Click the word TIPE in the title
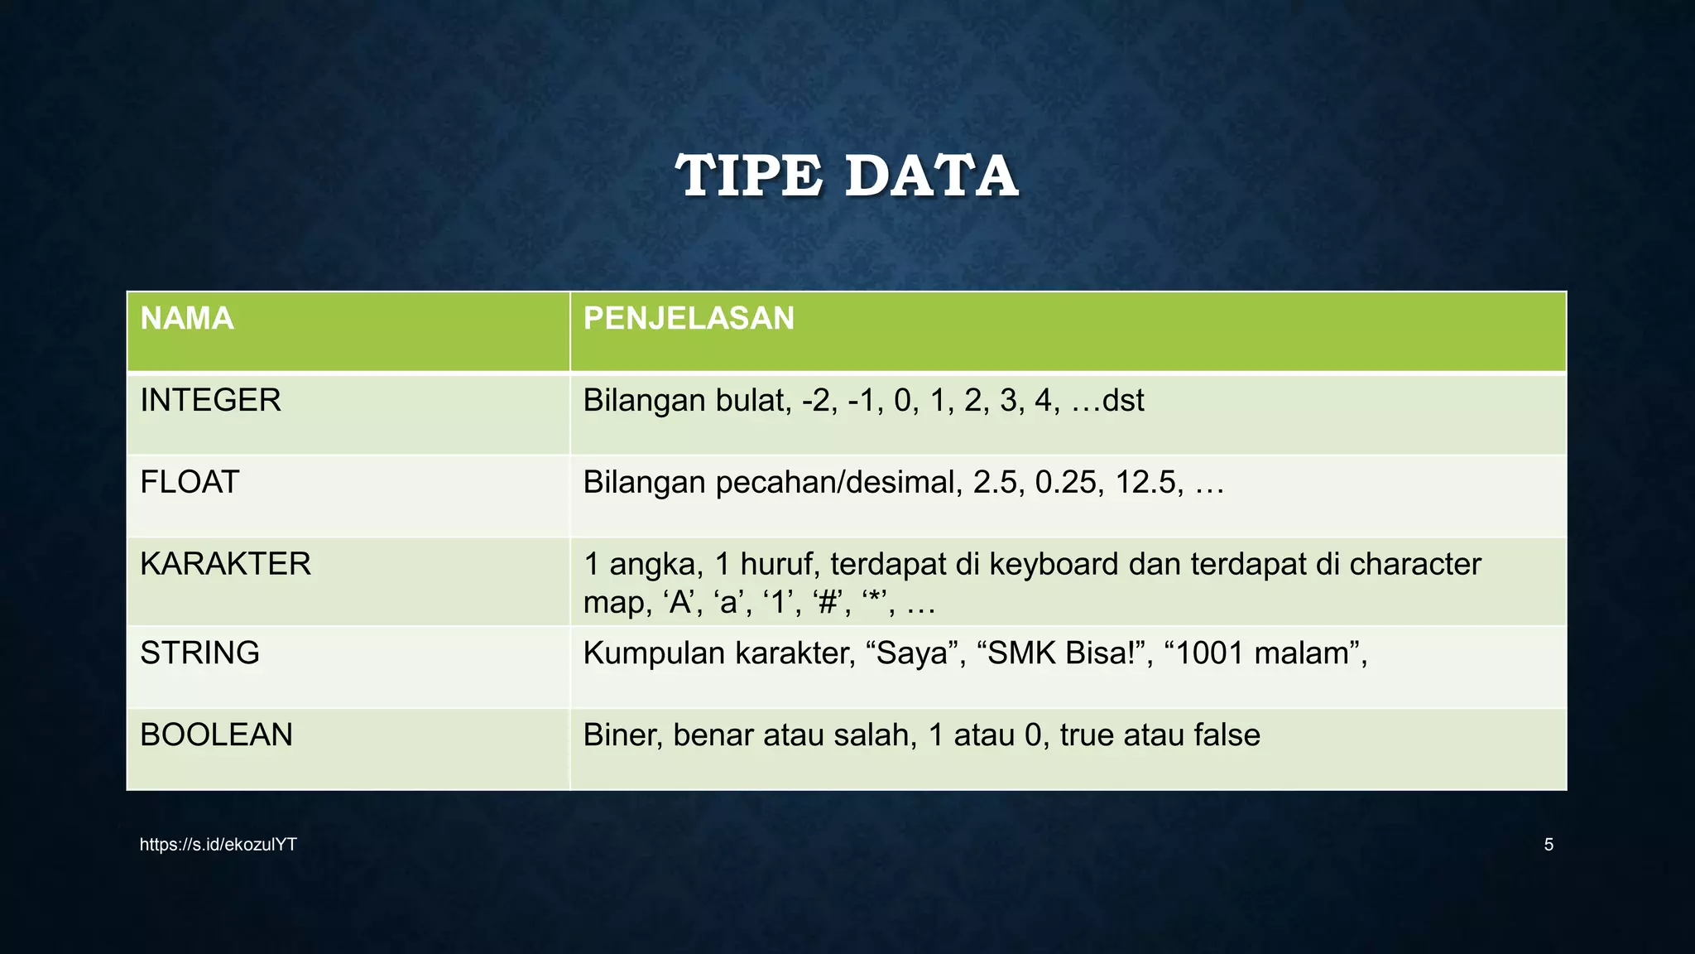pyautogui.click(x=749, y=176)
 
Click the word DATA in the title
pyautogui.click(x=932, y=176)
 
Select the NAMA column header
pyautogui.click(x=187, y=319)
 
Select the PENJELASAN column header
pyautogui.click(x=689, y=319)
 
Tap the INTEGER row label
pyautogui.click(x=210, y=401)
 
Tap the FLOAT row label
pyautogui.click(x=190, y=482)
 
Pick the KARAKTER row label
pyautogui.click(x=225, y=564)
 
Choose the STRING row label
pyautogui.click(x=199, y=653)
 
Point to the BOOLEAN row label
pyautogui.click(x=216, y=735)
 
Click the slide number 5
pyautogui.click(x=1549, y=845)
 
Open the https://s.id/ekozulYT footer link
pyautogui.click(x=218, y=845)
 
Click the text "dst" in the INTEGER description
pyautogui.click(x=1123, y=401)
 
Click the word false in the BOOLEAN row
pyautogui.click(x=1227, y=735)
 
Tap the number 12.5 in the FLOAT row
pyautogui.click(x=1150, y=482)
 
